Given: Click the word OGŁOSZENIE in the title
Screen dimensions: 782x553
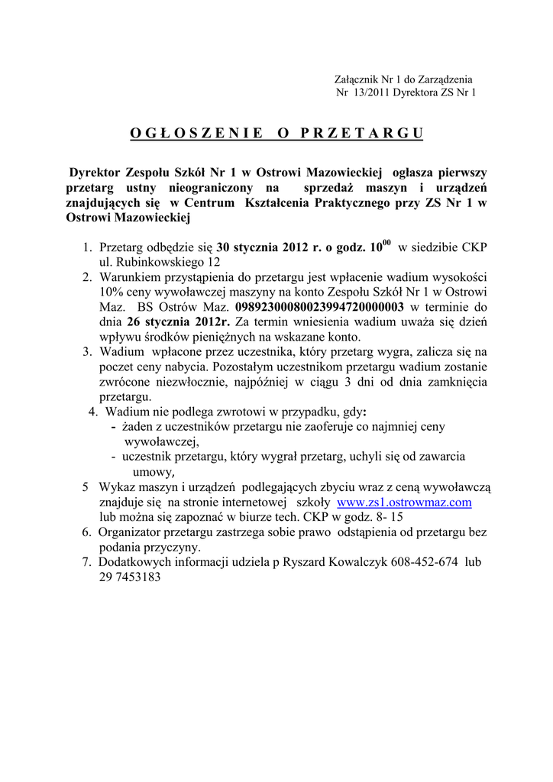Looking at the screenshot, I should pyautogui.click(x=196, y=133).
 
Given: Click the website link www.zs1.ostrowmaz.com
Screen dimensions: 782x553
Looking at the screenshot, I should pyautogui.click(x=404, y=502).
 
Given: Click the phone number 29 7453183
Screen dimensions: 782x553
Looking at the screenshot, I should pyautogui.click(x=130, y=577).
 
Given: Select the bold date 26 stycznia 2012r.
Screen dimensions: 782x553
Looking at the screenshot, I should pyautogui.click(x=173, y=322).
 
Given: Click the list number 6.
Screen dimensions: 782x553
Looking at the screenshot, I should pyautogui.click(x=87, y=532).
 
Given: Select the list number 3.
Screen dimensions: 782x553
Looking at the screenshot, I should pyautogui.click(x=87, y=352).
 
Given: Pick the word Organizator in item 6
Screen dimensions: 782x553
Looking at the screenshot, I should pyautogui.click(x=133, y=532).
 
